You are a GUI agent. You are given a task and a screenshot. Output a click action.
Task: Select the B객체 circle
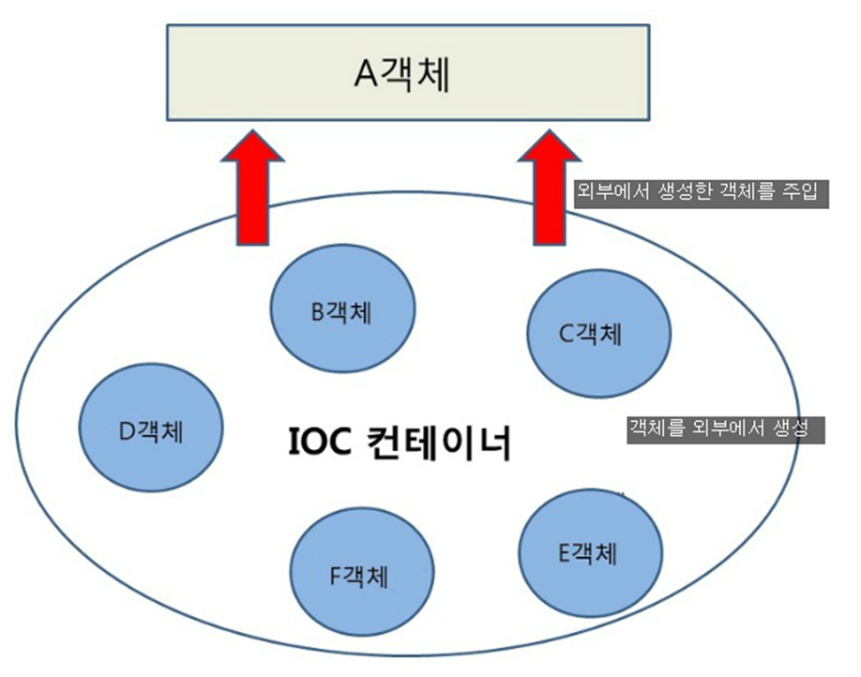coord(342,310)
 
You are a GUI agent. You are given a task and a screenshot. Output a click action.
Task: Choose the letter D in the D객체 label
coord(126,432)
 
